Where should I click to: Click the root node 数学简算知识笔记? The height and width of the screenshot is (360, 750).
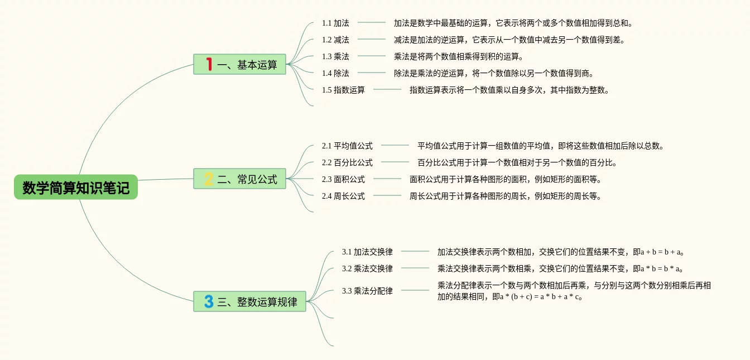click(x=76, y=188)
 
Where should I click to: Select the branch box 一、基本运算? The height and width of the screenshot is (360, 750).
click(x=240, y=65)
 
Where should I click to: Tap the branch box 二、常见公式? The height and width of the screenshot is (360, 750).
click(x=240, y=179)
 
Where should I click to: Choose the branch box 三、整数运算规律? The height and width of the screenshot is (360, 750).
click(x=250, y=302)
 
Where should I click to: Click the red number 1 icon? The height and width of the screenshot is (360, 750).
click(x=209, y=65)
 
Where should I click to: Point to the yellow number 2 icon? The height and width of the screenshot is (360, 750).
click(x=209, y=179)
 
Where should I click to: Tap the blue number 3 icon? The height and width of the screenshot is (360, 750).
click(x=209, y=302)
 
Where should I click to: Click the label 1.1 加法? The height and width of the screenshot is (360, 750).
click(x=335, y=23)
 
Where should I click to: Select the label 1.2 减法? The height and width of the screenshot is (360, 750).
click(x=335, y=40)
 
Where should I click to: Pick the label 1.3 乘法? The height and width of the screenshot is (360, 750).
click(x=335, y=56)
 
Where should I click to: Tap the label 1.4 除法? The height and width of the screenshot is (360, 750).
click(x=335, y=73)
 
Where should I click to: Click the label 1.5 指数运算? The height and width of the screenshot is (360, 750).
click(x=343, y=90)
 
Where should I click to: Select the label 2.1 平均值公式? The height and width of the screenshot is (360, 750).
click(x=347, y=146)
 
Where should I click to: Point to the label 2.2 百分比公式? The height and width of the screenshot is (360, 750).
click(x=347, y=162)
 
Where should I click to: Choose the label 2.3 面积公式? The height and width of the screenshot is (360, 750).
click(x=343, y=179)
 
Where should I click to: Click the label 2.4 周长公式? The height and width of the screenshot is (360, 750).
click(x=343, y=196)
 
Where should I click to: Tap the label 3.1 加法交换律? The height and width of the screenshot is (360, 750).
click(x=367, y=252)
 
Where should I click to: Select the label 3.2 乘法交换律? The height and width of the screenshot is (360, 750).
click(x=367, y=268)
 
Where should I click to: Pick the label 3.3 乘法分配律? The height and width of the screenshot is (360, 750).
click(x=367, y=291)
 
